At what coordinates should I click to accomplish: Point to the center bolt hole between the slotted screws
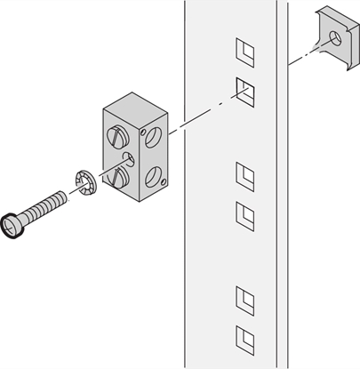(x=130, y=159)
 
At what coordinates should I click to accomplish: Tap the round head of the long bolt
(x=13, y=228)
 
